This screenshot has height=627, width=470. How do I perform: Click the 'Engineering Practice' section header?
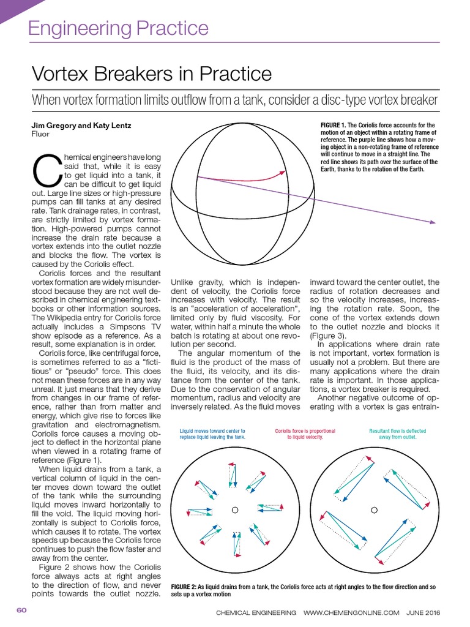click(x=119, y=28)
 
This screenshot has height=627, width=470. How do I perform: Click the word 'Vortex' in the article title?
click(x=62, y=74)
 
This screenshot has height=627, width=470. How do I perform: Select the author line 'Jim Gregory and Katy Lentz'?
click(x=81, y=126)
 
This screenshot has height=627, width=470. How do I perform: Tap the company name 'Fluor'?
click(x=40, y=133)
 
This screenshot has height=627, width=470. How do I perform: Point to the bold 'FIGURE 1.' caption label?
click(x=334, y=126)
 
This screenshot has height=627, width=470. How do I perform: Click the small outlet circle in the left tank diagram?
click(x=234, y=509)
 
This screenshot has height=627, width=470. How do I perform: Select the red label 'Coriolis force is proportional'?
click(x=305, y=431)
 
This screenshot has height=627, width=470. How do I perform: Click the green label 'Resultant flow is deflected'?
click(x=398, y=431)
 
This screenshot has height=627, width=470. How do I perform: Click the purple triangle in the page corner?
click(x=12, y=9)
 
